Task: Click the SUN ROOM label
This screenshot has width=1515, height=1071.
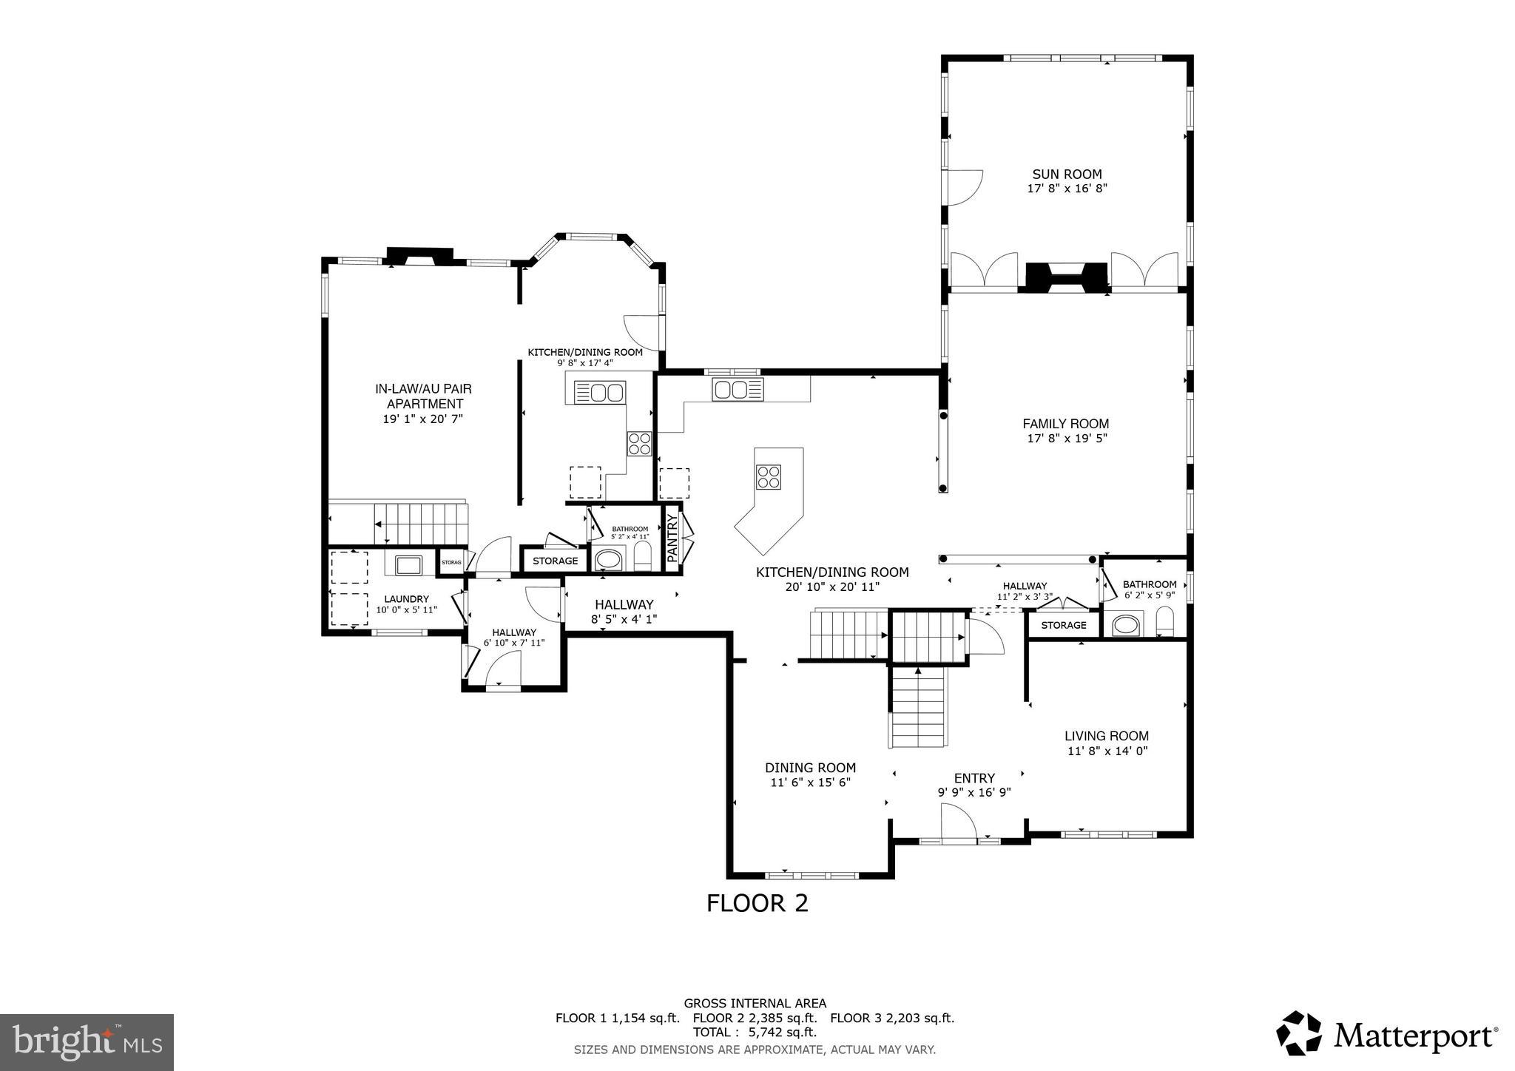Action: (x=1067, y=175)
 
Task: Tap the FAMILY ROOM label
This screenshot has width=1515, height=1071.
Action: (x=1065, y=424)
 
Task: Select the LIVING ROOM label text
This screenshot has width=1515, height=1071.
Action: (x=1106, y=736)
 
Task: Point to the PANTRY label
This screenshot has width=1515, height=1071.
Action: (x=672, y=539)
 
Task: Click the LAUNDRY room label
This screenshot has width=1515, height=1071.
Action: (x=406, y=599)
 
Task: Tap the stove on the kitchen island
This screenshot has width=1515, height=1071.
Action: (x=769, y=476)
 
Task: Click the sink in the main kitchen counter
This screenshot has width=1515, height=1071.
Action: (x=737, y=389)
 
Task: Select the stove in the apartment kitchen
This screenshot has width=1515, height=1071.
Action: (x=640, y=444)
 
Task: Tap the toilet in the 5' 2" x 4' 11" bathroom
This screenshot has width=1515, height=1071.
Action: (x=642, y=557)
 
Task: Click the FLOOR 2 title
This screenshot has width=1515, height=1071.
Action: (x=757, y=903)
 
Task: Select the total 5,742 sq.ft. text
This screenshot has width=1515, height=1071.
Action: (x=755, y=1033)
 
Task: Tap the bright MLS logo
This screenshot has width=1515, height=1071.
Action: (x=87, y=1043)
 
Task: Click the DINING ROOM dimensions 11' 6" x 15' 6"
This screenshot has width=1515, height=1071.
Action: (x=810, y=782)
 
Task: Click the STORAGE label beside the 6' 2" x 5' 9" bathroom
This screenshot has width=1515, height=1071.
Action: (x=1064, y=625)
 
